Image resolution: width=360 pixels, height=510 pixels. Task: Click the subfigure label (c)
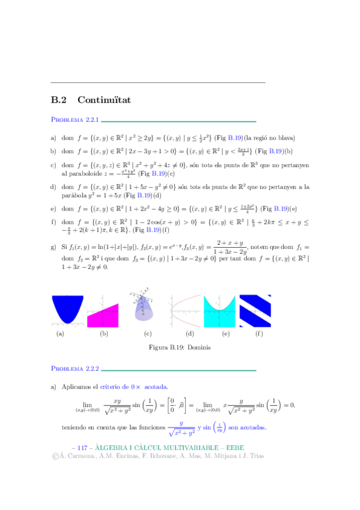147,333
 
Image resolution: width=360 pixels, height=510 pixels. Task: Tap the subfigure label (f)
258,333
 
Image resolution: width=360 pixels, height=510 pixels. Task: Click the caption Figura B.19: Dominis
180,348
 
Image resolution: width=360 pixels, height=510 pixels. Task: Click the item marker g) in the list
53,247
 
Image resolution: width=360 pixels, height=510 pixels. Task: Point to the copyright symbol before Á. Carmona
56,456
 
